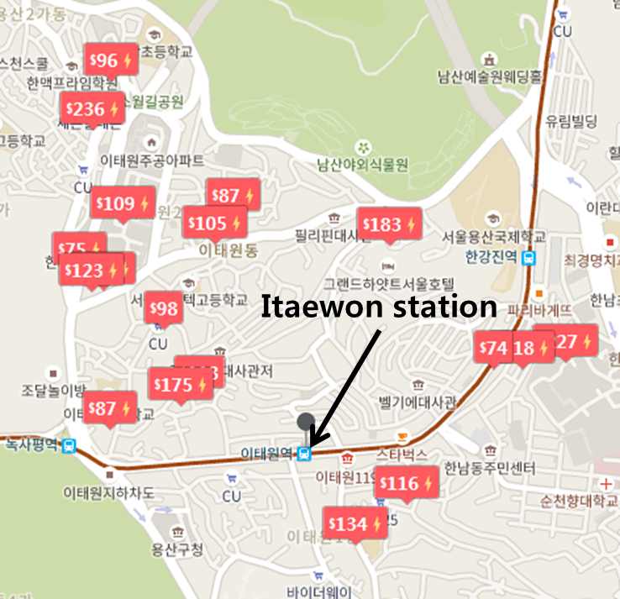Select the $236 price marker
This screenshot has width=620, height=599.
point(92,109)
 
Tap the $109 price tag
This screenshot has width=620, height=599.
point(123,203)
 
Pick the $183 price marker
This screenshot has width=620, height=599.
point(388,224)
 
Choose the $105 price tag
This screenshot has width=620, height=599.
point(214,223)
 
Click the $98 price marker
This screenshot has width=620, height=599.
point(163,309)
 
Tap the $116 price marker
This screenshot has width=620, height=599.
point(407,484)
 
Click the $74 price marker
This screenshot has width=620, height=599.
point(494,348)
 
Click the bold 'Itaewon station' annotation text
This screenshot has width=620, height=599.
point(378,307)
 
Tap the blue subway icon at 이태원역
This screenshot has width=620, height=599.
point(306,454)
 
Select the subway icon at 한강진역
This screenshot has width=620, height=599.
point(528,258)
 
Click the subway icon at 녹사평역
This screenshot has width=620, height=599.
point(69,446)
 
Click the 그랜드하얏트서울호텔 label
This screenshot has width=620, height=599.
point(389,281)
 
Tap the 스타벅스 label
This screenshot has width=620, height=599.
point(402,455)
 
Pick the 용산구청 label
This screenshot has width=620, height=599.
point(177,550)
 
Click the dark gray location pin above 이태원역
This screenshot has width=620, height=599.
point(306,423)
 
